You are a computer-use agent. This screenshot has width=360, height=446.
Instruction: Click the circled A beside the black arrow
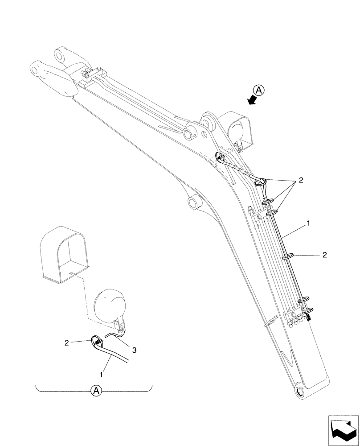point(260,89)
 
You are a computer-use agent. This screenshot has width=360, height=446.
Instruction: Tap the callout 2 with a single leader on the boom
point(324,255)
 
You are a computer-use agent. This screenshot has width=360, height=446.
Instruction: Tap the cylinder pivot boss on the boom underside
point(195,202)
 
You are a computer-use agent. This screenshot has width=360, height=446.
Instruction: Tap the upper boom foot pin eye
point(60,55)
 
